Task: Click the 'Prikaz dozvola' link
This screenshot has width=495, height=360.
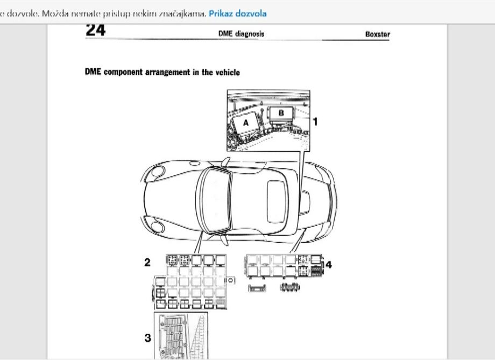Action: (237, 13)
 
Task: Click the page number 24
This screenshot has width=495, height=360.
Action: (95, 31)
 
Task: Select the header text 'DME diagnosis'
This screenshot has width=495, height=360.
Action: (241, 34)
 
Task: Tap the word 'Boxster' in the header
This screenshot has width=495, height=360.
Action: (377, 34)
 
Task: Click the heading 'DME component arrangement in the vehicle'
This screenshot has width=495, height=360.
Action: (162, 73)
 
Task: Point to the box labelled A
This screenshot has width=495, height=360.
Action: (246, 123)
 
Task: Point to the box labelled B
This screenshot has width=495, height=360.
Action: (281, 114)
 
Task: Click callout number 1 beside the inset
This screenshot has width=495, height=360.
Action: (315, 122)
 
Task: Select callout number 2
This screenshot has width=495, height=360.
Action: (146, 263)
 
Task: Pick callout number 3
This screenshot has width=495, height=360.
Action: (147, 338)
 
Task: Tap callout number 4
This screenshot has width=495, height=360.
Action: (329, 264)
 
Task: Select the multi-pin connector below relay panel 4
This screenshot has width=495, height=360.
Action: (289, 288)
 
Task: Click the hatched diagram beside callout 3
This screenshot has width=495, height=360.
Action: (181, 336)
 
